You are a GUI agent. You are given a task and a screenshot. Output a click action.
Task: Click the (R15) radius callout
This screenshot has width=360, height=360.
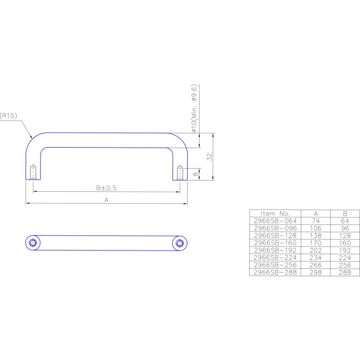click(x=9, y=116)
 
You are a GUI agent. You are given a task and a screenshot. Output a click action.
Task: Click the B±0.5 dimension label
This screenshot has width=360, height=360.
click(x=106, y=188)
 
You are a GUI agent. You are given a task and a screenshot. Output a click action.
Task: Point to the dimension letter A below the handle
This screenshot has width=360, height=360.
click(x=106, y=200)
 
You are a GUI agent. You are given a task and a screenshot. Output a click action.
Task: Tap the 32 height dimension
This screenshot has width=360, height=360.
click(x=209, y=157)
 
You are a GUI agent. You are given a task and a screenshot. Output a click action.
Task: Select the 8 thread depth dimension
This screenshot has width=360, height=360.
click(x=195, y=174)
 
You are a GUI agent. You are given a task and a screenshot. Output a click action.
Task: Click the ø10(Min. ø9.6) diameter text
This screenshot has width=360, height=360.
click(x=194, y=108)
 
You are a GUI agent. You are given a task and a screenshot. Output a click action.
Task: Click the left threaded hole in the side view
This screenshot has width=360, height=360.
click(x=33, y=172)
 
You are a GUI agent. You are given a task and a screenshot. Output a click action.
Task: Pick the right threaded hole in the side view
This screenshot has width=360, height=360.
click(x=180, y=173)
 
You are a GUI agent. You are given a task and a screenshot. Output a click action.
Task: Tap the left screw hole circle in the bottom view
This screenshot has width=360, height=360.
click(x=33, y=243)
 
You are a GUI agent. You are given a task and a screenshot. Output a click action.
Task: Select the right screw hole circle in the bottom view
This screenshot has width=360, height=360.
click(x=180, y=243)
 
